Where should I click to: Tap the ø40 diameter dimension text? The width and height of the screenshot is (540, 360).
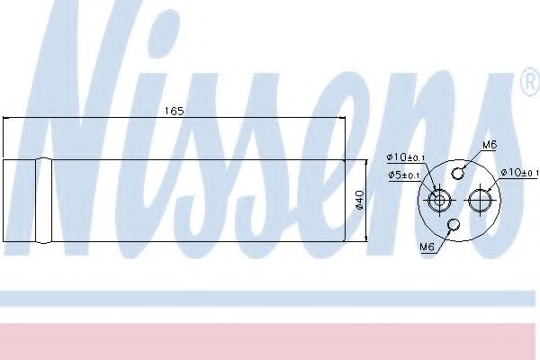tap(361, 200)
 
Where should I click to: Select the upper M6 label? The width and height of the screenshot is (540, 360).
tap(490, 144)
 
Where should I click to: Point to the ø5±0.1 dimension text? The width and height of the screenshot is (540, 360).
tap(403, 175)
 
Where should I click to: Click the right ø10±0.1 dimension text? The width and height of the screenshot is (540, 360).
tap(519, 172)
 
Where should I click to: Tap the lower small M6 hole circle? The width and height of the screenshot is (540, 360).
tap(455, 226)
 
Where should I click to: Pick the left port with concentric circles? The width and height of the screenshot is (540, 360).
tap(440, 200)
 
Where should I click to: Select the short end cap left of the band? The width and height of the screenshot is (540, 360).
tap(19, 200)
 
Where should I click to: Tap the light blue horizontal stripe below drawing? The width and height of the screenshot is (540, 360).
tap(270, 298)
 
